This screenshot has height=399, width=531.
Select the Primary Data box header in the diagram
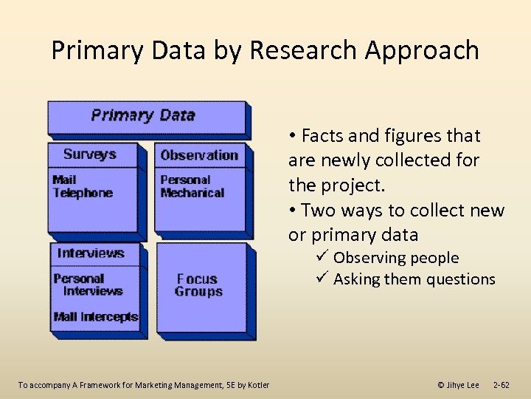coord(143,115)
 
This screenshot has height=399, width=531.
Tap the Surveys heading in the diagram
coord(90,154)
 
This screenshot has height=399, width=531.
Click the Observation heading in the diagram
coord(198,155)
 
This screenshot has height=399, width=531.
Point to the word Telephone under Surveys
coord(83,193)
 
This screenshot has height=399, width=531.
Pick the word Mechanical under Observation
coord(192,193)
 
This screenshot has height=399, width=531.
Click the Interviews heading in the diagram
coord(91,253)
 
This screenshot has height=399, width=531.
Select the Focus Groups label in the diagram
coord(198,285)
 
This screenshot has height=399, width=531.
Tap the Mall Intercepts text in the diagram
coord(95,317)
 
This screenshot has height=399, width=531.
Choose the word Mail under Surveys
coord(65,180)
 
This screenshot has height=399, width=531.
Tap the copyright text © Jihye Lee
coord(458,384)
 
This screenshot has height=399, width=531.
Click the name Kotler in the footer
coord(257,384)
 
